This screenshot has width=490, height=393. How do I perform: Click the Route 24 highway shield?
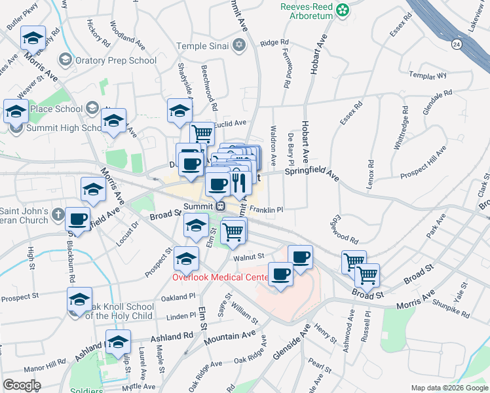tap(457, 44)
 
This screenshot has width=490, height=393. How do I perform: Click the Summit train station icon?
tap(221, 206)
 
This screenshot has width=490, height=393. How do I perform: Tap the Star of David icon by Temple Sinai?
tap(240, 45)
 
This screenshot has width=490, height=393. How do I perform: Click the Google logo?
tap(22, 385)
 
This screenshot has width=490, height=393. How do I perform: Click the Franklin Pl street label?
tap(266, 210)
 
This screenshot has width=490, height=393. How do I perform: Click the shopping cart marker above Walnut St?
tap(233, 231)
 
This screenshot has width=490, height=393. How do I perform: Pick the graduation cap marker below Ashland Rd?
tap(119, 342)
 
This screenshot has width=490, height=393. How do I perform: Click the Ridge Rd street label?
tap(274, 43)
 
